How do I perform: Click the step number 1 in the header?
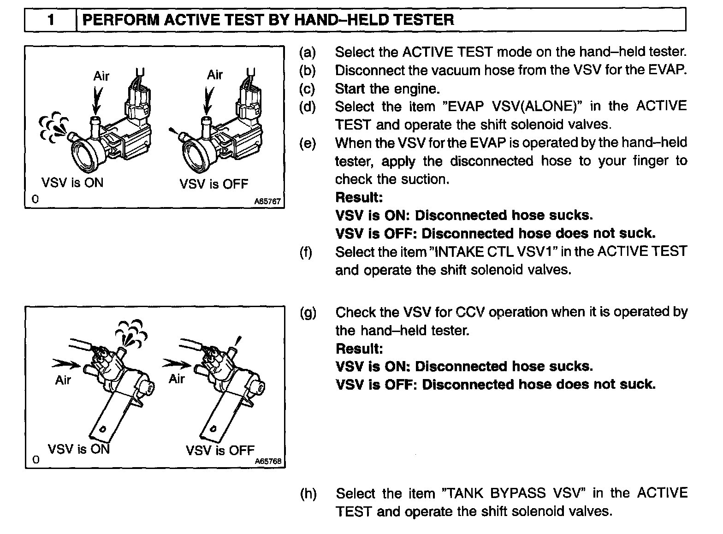point(51,20)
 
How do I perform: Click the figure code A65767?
point(267,202)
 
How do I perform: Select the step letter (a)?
point(308,52)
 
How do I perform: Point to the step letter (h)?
point(308,494)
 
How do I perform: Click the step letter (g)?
point(308,313)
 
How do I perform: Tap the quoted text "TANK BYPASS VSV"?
point(513,493)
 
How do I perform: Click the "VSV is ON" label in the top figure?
point(72,183)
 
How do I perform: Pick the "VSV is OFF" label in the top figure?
point(213,184)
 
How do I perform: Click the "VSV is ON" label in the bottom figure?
point(79,449)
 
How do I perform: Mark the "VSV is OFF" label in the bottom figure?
point(220,450)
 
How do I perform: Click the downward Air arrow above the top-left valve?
point(96,101)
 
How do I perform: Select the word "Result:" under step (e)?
point(359,197)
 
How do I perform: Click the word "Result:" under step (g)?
point(359,349)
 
